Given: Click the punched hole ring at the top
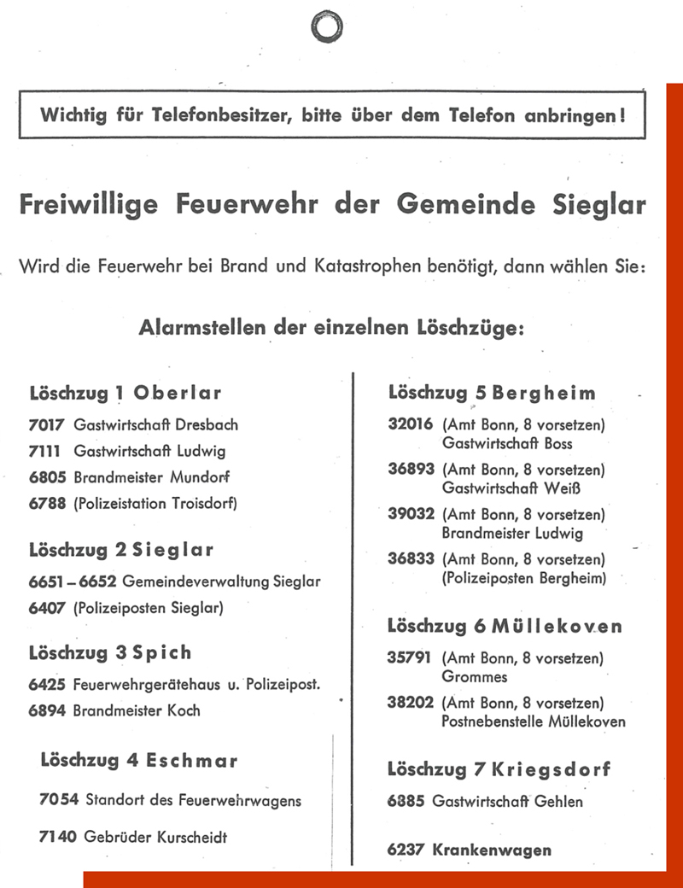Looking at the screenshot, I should click(x=327, y=26).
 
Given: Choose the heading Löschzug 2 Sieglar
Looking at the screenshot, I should click(x=121, y=549).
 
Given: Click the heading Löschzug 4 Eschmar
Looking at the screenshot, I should click(x=138, y=759).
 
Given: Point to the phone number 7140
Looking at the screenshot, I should click(x=58, y=837).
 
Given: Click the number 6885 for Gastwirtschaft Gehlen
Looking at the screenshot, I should click(x=406, y=801).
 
